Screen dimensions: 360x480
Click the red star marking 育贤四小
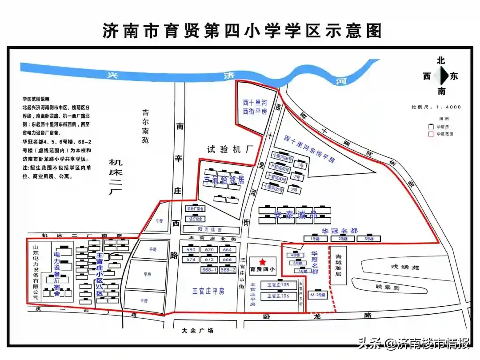click(263, 262)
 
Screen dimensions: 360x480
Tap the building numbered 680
click(191, 250)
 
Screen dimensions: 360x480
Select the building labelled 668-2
click(228, 270)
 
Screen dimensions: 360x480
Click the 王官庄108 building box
click(278, 285)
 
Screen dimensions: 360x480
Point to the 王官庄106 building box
click(278, 296)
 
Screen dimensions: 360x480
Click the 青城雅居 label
click(338, 265)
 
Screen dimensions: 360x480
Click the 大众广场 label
click(198, 331)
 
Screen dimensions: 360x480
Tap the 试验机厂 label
click(227, 149)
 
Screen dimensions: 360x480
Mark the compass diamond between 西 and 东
click(441, 76)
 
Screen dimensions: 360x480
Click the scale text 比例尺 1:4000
click(436, 107)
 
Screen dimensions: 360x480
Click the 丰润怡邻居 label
click(224, 180)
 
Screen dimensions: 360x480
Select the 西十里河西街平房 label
click(255, 107)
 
